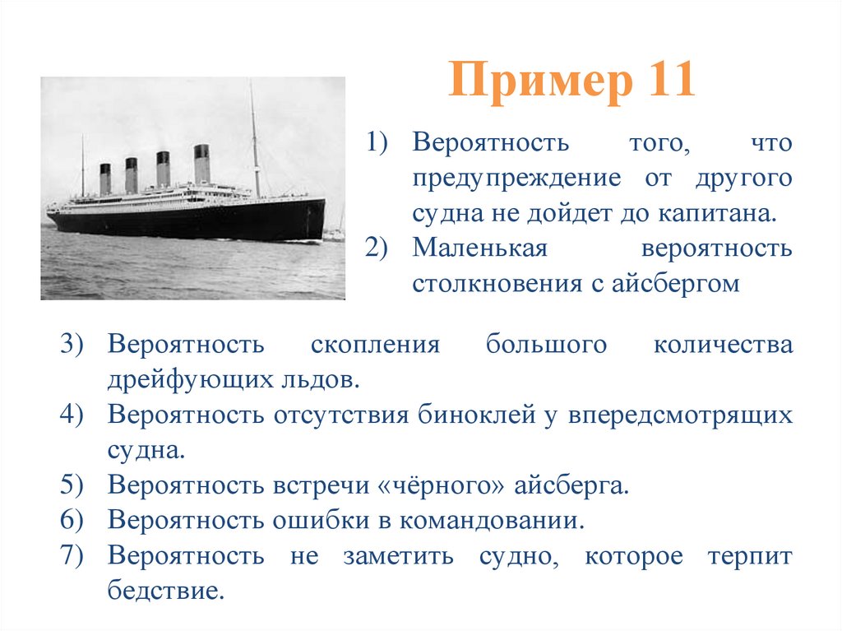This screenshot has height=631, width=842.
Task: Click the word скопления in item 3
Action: (376, 345)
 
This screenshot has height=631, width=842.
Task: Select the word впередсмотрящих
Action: (678, 415)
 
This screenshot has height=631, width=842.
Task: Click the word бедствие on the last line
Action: (165, 592)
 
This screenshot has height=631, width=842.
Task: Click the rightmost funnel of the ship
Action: (201, 163)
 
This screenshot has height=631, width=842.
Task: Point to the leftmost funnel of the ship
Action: (105, 179)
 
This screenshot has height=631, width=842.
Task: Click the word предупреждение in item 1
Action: (516, 178)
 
